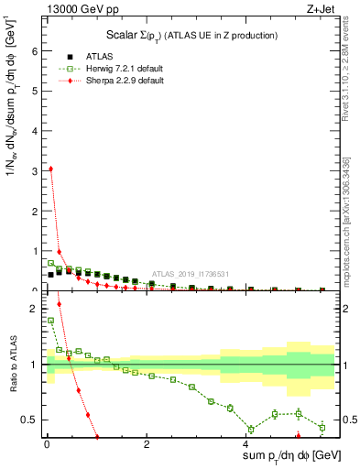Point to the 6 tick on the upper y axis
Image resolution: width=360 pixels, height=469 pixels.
pos(35,51)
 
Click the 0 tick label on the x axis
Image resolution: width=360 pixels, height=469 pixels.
pos(46,443)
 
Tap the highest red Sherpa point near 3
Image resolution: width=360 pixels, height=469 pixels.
pos(50,169)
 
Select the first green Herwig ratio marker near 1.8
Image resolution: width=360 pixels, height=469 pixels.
pos(50,321)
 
